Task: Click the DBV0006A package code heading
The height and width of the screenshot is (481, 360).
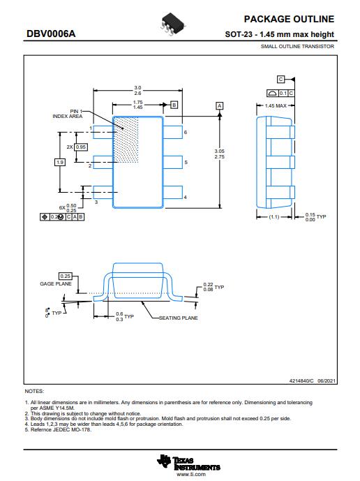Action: [51, 34]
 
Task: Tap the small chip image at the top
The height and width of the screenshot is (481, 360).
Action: [172, 24]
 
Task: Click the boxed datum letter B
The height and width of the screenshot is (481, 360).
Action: [174, 105]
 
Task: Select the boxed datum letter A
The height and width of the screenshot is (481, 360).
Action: [220, 106]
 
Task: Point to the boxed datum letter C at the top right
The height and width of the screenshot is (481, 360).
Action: [280, 80]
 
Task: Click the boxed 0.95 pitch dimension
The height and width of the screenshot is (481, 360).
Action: [81, 147]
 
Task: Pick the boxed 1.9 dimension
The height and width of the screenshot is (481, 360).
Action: [60, 162]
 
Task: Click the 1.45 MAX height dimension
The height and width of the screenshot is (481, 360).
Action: [276, 106]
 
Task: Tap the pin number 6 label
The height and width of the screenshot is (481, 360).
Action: [186, 132]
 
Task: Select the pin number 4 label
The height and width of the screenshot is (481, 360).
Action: [185, 198]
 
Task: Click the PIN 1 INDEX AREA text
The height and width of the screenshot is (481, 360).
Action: [68, 114]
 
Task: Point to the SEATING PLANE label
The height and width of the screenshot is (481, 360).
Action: [178, 318]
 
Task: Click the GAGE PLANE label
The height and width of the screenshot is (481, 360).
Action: [56, 284]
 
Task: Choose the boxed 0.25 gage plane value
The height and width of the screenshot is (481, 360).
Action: [66, 276]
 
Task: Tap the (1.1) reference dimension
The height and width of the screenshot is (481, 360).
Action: [273, 217]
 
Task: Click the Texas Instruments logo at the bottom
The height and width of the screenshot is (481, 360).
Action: [188, 463]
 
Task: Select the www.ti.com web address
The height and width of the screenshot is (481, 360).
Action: [191, 474]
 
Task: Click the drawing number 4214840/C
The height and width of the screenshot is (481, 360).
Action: [301, 380]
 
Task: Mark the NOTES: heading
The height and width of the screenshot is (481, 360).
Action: [34, 392]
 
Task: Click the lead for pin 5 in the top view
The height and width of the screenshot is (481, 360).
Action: [173, 162]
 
